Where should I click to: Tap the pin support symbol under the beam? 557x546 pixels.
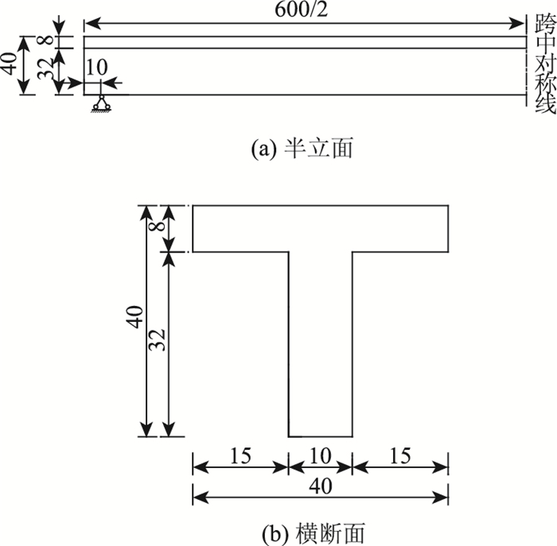click(99, 103)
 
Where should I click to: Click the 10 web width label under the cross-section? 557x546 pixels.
click(320, 455)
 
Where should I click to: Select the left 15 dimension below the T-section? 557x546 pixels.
click(240, 455)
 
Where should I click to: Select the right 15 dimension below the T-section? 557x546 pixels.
click(400, 455)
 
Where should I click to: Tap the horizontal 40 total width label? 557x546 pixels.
click(320, 484)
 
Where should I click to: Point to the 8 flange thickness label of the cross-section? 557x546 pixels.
click(156, 228)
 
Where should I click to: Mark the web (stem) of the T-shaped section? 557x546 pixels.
click(320, 342)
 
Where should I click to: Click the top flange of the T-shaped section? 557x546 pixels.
click(320, 229)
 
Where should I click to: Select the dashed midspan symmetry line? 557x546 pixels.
click(526, 56)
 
